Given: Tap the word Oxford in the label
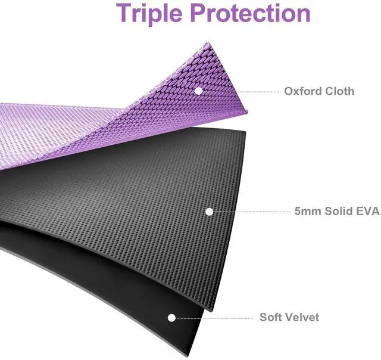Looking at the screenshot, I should pos(302,91).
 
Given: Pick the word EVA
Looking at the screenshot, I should pos(368,211).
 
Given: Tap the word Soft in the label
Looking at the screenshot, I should pos(271,317).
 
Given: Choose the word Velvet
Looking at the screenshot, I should pos(303,317).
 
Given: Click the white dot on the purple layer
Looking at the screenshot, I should pos(198,91).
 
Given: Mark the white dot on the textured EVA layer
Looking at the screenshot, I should pos(209,211).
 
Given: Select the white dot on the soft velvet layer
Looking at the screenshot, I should pos(172,318).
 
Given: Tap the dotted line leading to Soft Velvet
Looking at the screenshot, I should pos(214,318).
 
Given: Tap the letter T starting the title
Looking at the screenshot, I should pos(124,13).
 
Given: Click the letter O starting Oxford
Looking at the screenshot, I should pos(289,91).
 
